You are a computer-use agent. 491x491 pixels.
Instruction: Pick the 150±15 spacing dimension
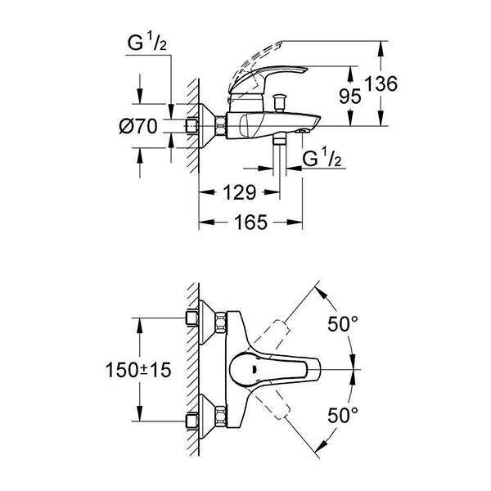tap(137, 370)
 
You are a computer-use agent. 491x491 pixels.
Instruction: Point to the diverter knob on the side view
tap(280, 100)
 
